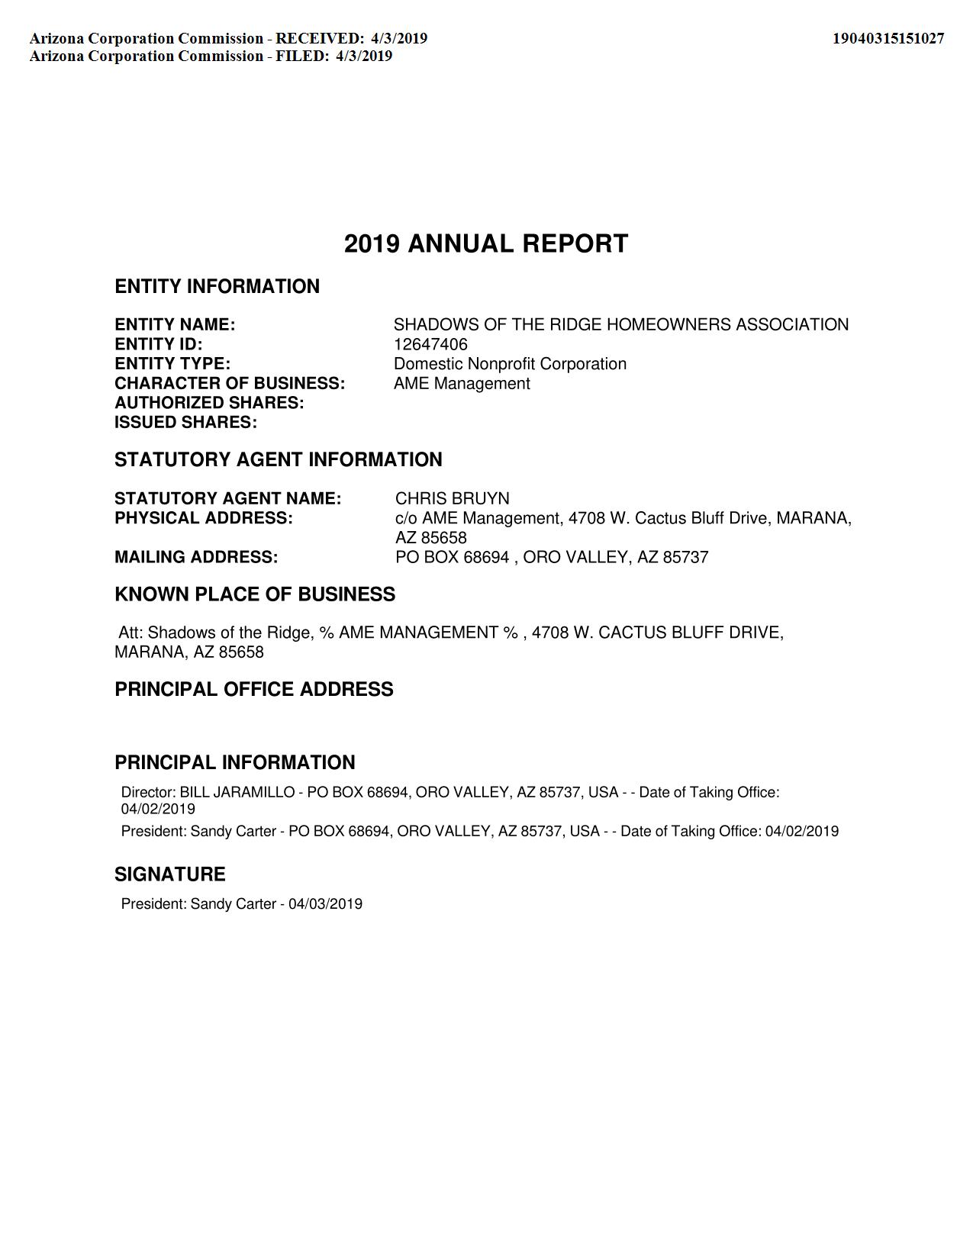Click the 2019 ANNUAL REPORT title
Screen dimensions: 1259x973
(x=486, y=244)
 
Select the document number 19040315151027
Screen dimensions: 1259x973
(x=888, y=38)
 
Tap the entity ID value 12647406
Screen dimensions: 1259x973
(x=430, y=344)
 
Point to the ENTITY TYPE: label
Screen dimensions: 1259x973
(x=172, y=364)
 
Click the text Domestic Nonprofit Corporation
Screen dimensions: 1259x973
(x=510, y=364)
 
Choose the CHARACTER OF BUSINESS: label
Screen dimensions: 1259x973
(x=230, y=384)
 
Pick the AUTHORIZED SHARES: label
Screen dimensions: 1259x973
(x=209, y=403)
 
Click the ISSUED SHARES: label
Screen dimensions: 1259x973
(x=185, y=423)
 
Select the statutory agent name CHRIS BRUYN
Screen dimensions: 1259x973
(x=452, y=499)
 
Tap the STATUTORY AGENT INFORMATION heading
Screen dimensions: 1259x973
(x=278, y=460)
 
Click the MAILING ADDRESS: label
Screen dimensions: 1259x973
(x=196, y=558)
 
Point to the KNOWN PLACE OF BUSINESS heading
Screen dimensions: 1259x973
(x=255, y=594)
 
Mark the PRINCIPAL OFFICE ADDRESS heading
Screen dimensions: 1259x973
(x=254, y=690)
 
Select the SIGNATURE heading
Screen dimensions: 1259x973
(x=170, y=874)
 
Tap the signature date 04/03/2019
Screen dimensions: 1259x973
(x=325, y=904)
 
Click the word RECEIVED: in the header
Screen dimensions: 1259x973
(x=320, y=38)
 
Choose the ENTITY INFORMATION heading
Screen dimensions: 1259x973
(x=217, y=287)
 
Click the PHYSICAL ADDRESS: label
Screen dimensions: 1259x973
(x=204, y=519)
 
